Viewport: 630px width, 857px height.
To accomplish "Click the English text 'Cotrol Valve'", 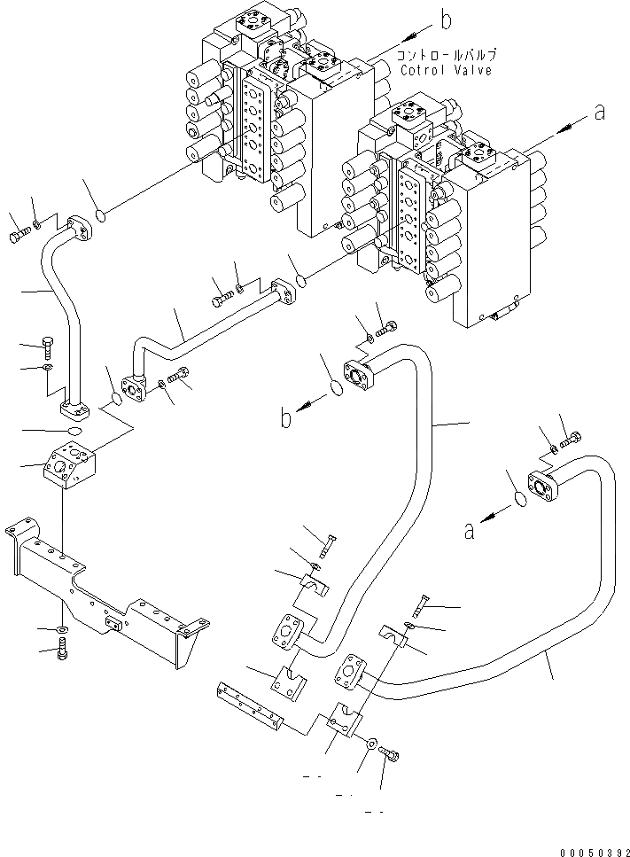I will tap(446, 70).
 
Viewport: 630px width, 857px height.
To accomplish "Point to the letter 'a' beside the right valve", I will tap(600, 113).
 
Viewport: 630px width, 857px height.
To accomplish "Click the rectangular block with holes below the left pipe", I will tap(71, 463).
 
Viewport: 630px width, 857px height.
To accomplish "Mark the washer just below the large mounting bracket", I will tap(61, 630).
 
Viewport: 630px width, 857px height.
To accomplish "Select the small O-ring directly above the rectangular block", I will tap(73, 432).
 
